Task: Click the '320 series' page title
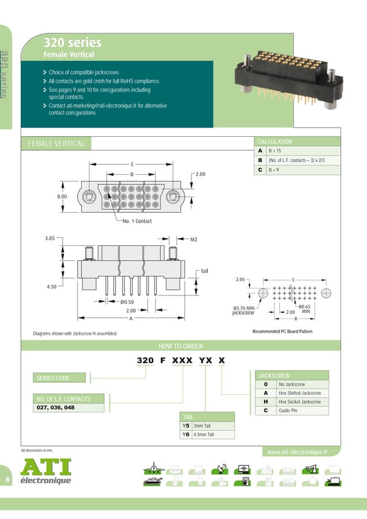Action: click(72, 43)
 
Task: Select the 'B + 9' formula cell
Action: click(273, 170)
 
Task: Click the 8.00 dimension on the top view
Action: click(62, 197)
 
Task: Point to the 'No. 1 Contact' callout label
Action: click(137, 221)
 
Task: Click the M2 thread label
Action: click(194, 239)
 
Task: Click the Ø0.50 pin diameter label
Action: click(127, 302)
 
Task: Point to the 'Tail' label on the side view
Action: click(204, 271)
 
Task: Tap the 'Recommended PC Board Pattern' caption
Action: click(282, 332)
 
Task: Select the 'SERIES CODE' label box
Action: click(53, 378)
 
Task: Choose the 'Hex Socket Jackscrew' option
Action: click(300, 402)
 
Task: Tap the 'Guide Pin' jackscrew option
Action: click(289, 411)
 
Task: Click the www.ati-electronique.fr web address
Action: click(297, 452)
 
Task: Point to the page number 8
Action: click(7, 479)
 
